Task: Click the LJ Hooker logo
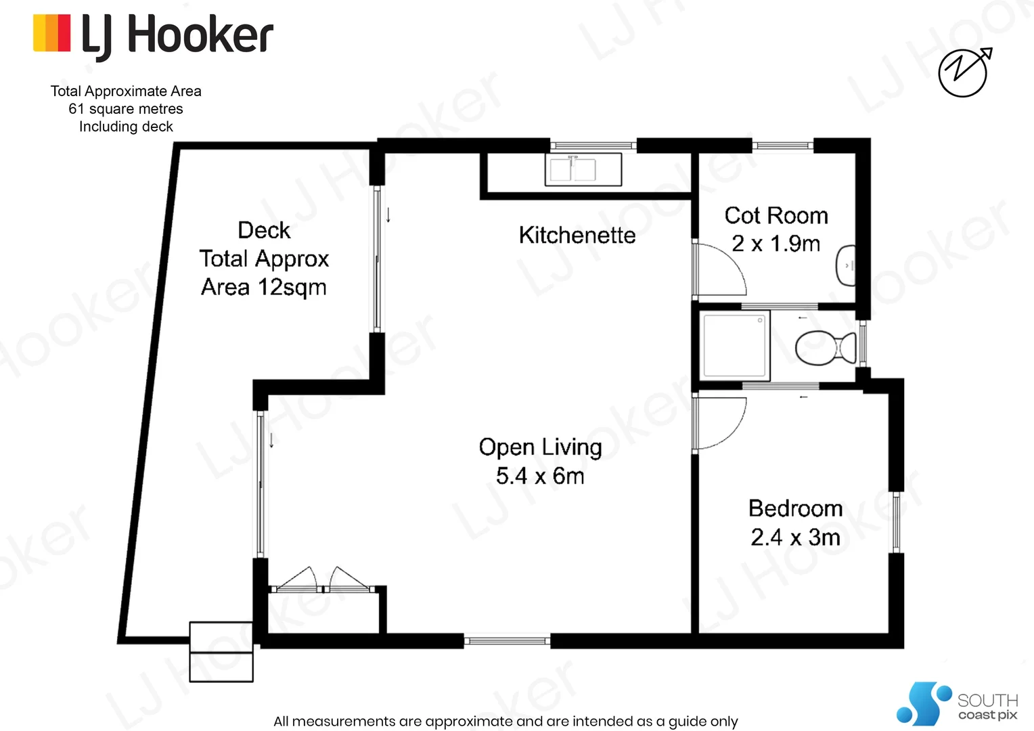click(x=153, y=35)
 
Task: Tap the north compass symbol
click(x=964, y=72)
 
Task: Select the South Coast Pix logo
click(x=957, y=704)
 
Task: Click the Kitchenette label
click(x=577, y=236)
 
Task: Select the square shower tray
click(x=735, y=345)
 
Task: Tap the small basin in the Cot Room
click(x=846, y=265)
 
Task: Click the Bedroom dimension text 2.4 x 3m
click(x=795, y=537)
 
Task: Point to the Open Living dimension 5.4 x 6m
click(x=539, y=476)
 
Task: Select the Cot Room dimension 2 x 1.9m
click(x=775, y=244)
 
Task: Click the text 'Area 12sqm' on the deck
click(x=263, y=288)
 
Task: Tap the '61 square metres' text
click(x=126, y=109)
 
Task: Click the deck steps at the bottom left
click(x=221, y=652)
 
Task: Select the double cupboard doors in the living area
click(x=323, y=581)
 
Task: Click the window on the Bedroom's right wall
click(x=896, y=522)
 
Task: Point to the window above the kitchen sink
click(x=593, y=146)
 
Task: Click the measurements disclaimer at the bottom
click(x=505, y=722)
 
